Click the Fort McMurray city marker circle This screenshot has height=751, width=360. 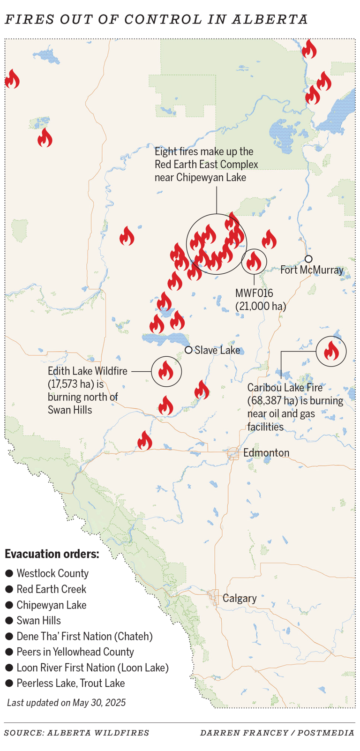pos(308,259)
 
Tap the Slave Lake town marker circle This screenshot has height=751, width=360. pos(188,350)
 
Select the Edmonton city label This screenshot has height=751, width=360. pos(266,453)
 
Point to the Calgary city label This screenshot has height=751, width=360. pos(240,598)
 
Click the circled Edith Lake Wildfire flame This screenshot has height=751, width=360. pos(166,372)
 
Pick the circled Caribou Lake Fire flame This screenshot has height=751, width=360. pos(331,351)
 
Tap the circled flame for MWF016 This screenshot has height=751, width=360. pos(254,262)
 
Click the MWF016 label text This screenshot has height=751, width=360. pos(254,293)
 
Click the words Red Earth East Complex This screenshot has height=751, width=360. pos(206,165)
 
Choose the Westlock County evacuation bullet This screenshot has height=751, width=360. pos(9,574)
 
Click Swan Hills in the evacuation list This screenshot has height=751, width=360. pos(38,621)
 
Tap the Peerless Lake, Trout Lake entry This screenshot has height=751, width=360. pos(70,683)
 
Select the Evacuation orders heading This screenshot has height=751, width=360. pos(52,554)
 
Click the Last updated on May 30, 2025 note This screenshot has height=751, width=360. pos(66,702)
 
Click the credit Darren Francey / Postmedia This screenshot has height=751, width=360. pos(277,733)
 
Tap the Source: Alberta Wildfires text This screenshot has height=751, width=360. pos(77,733)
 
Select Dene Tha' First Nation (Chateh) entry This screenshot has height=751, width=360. pos(84,636)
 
